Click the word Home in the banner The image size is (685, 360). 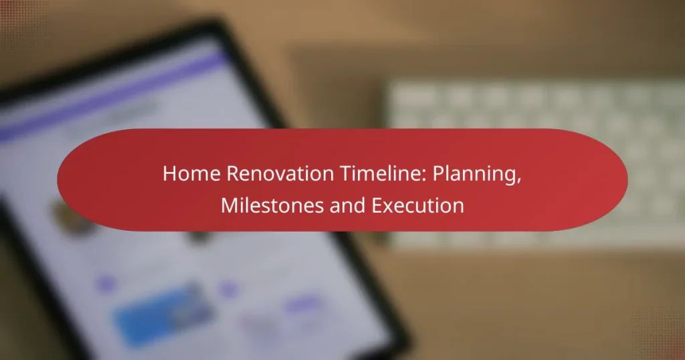191,173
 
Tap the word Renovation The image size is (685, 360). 280,173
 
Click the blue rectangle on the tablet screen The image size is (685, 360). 163,315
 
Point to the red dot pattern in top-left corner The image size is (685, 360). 22,22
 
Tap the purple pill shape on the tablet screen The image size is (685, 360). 304,303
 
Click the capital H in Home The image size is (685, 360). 169,173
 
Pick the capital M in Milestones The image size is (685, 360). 229,205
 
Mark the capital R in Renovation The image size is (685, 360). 232,173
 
